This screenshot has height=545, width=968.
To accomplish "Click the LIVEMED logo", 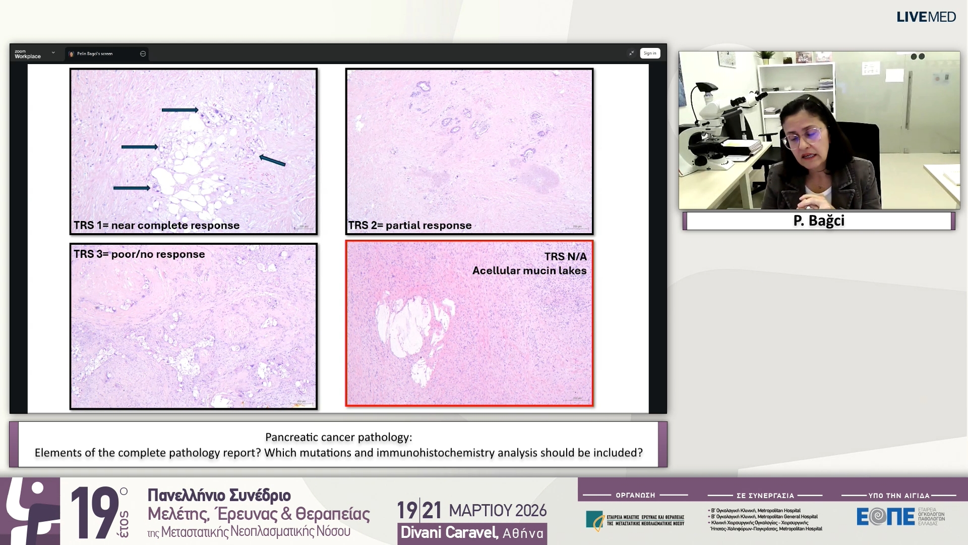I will click(926, 17).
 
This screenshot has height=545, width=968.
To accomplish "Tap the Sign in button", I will click(649, 53).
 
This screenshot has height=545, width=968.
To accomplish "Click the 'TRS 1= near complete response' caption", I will click(156, 226).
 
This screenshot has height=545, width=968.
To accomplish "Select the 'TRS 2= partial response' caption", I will click(410, 226).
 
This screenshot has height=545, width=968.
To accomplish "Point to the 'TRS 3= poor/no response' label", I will click(139, 254).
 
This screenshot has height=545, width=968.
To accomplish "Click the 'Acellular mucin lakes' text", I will click(529, 270).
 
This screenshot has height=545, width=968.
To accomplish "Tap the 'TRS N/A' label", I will click(565, 256).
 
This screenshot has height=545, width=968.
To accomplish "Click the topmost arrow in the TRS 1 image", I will click(179, 110).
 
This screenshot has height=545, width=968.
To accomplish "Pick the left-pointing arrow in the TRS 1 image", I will click(272, 160).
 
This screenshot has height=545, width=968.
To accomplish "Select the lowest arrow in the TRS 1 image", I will click(131, 188).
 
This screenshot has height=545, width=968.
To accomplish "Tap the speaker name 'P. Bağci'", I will click(818, 221).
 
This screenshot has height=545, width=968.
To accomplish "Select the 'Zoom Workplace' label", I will click(27, 54).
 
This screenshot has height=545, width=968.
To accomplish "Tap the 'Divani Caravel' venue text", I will click(449, 532).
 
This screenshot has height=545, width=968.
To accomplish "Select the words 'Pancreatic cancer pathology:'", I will click(338, 437).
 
